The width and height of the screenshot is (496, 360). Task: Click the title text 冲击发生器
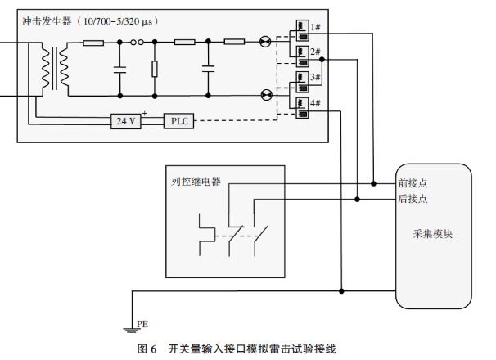click(46, 19)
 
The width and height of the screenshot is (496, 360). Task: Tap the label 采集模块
click(433, 234)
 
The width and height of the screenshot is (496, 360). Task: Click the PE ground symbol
click(129, 328)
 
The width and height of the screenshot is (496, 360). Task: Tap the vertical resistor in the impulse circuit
click(155, 68)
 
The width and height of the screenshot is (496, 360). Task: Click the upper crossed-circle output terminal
click(264, 42)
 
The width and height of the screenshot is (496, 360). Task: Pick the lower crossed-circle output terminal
click(264, 95)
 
